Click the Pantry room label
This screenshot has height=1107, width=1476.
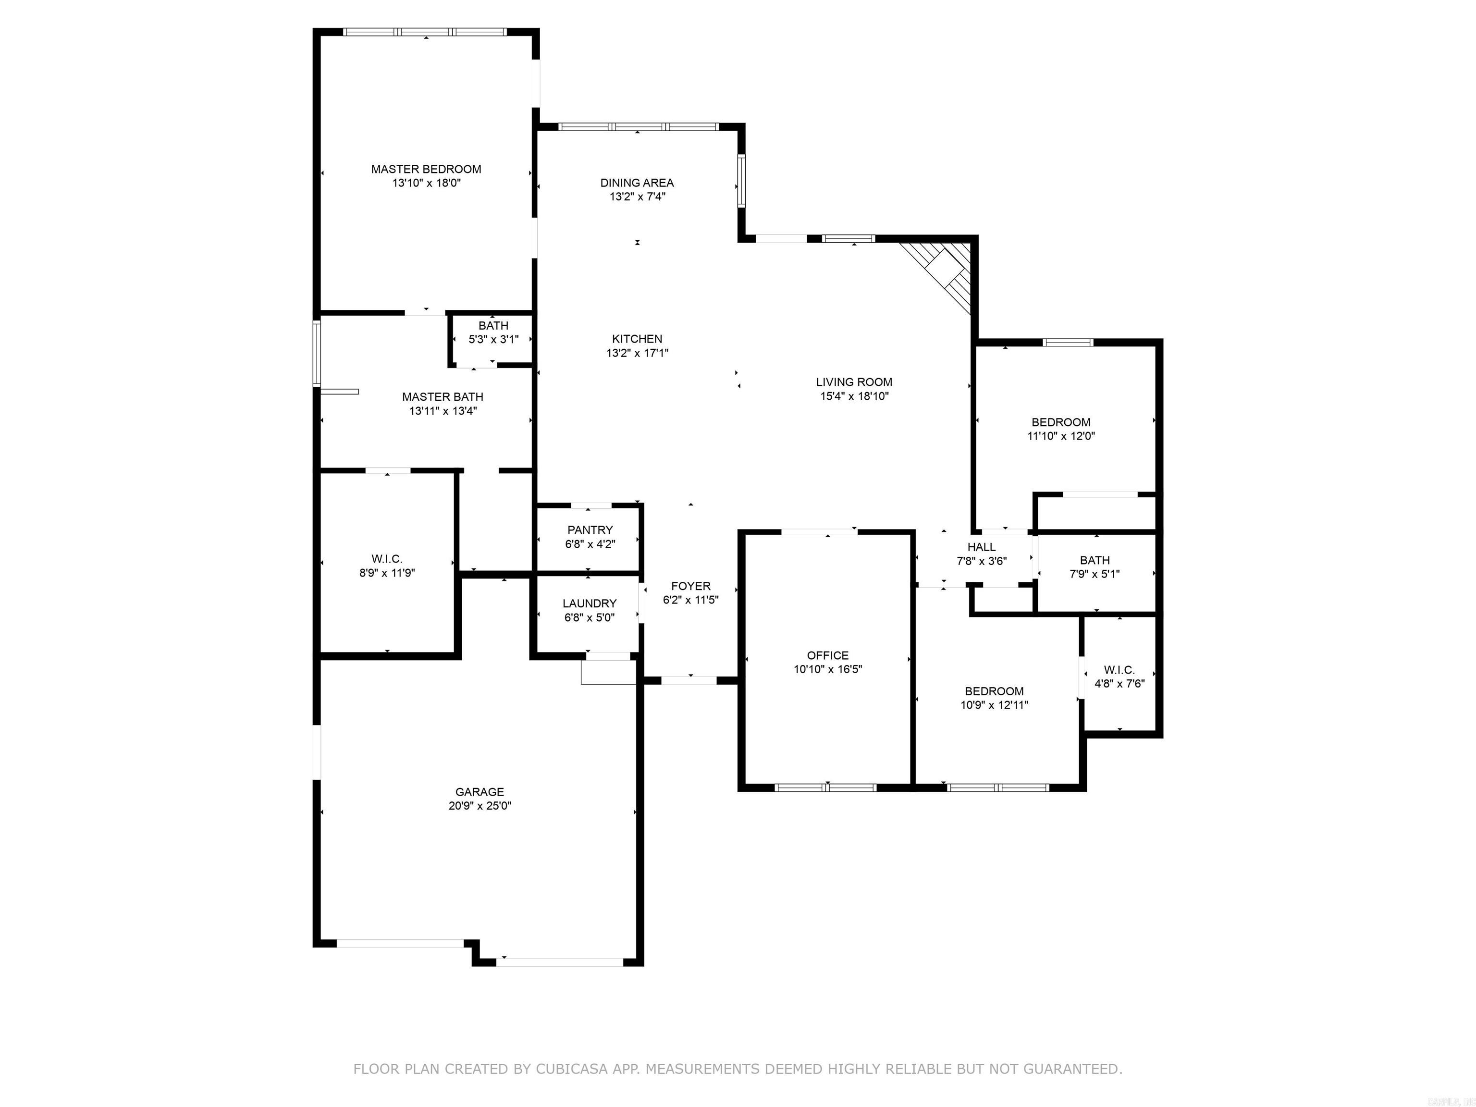click(x=590, y=530)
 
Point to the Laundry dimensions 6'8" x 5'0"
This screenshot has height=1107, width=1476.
click(x=589, y=618)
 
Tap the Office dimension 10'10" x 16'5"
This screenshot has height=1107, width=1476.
click(x=827, y=669)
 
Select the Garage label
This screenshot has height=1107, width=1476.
click(x=479, y=792)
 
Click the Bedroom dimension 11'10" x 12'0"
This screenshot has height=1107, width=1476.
click(x=1061, y=436)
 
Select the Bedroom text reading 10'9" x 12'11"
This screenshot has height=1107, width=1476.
click(x=994, y=705)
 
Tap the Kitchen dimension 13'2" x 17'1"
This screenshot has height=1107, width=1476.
click(x=637, y=353)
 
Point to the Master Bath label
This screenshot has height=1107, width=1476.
click(x=443, y=397)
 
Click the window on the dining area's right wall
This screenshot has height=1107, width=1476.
click(x=741, y=180)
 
